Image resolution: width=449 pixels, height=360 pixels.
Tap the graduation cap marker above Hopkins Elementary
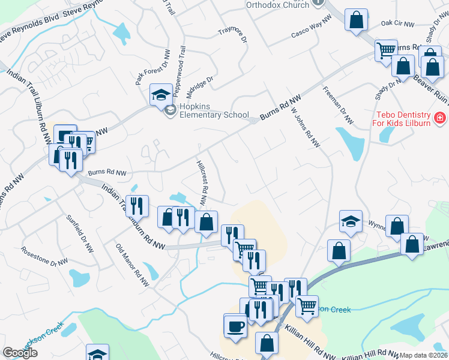pyautogui.click(x=160, y=95)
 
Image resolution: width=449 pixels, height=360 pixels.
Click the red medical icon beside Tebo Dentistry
pyautogui.click(x=441, y=117)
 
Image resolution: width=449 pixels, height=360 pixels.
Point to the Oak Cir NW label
pyautogui.click(x=397, y=25)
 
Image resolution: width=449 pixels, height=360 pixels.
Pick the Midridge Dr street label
pyautogui.click(x=200, y=86)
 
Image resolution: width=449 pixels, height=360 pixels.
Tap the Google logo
pyautogui.click(x=20, y=353)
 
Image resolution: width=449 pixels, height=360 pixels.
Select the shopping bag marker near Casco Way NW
pyautogui.click(x=356, y=20)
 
